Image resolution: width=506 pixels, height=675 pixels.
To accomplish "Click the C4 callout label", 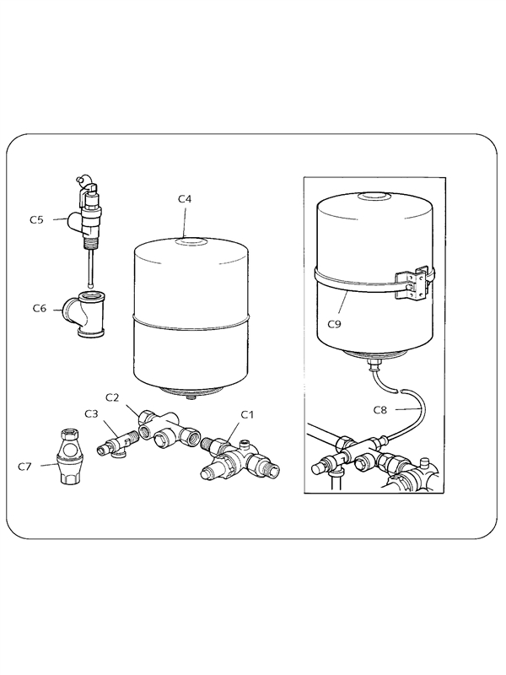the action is point(185,199).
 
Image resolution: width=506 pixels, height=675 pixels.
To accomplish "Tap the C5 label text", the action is point(36,219).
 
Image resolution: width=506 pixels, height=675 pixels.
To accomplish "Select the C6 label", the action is point(40,308).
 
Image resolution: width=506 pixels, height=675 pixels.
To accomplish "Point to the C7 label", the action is point(24,467).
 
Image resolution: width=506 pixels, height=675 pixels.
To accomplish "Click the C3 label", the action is point(91,414).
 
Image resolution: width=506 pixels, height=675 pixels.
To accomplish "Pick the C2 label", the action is point(112,397).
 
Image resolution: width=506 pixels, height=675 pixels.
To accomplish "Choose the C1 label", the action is point(247,414).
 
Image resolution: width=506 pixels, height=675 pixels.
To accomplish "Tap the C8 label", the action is point(380,410).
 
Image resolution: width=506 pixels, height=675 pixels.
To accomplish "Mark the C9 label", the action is point(334,324).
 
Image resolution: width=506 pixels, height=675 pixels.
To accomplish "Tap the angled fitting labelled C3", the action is point(116,445).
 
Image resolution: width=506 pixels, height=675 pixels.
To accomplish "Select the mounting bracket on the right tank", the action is point(413,284).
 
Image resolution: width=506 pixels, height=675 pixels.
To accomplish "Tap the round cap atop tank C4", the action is point(191,241).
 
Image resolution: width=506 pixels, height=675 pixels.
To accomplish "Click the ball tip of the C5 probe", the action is point(91,284).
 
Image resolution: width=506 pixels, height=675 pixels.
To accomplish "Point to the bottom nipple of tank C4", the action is point(190,397).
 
